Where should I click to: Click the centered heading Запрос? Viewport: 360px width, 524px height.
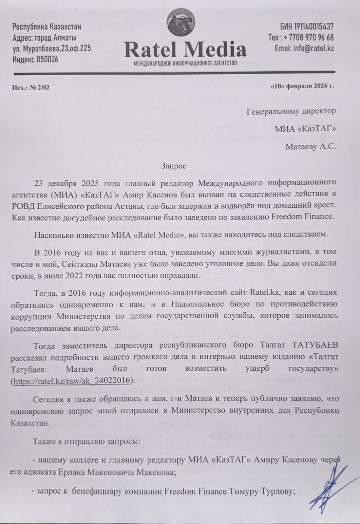174,166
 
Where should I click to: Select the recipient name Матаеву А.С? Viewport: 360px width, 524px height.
310,147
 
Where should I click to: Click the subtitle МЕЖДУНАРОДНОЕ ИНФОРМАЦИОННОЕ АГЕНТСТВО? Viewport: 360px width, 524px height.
185,63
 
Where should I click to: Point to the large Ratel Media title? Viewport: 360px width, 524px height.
185,49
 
